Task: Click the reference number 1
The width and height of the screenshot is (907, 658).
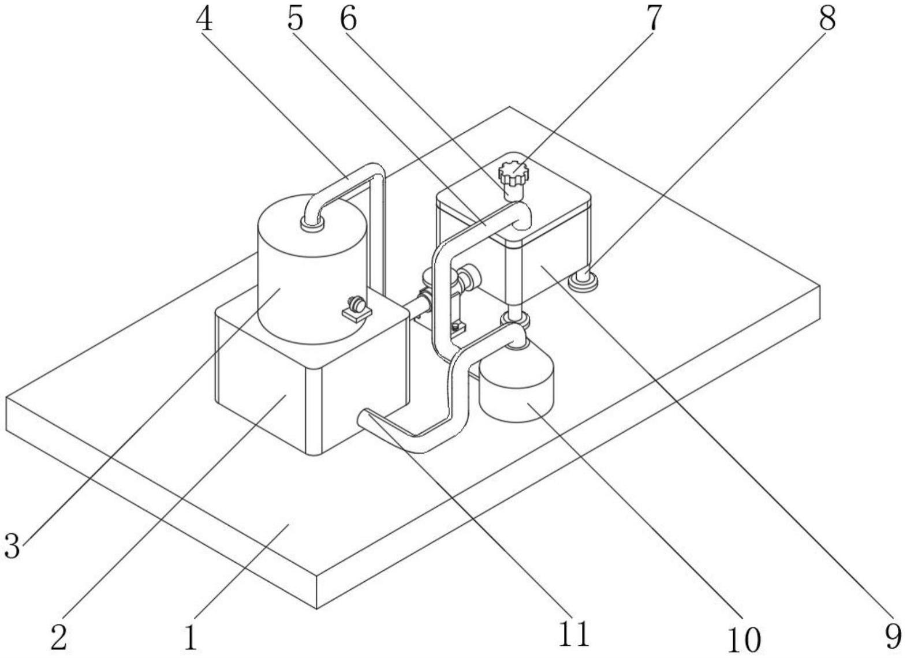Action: pos(191,637)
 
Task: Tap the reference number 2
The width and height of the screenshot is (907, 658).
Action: pos(59,637)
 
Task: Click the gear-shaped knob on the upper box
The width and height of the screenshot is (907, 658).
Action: pos(513,171)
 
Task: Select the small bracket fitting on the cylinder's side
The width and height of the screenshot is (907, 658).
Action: pos(355,308)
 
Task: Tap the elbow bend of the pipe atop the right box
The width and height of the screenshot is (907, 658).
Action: pos(523,215)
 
